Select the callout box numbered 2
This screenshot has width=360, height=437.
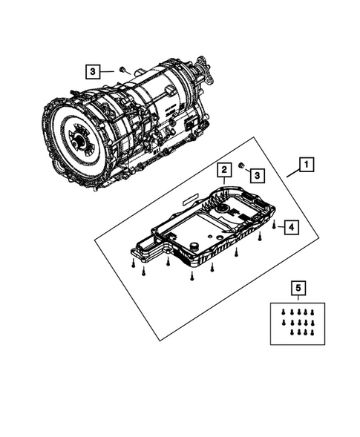pos(223,172)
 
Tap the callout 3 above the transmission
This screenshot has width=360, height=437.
pos(94,71)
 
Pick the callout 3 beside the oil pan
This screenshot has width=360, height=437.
pos(256,174)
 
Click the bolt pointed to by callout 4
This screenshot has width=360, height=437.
pos(274,223)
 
